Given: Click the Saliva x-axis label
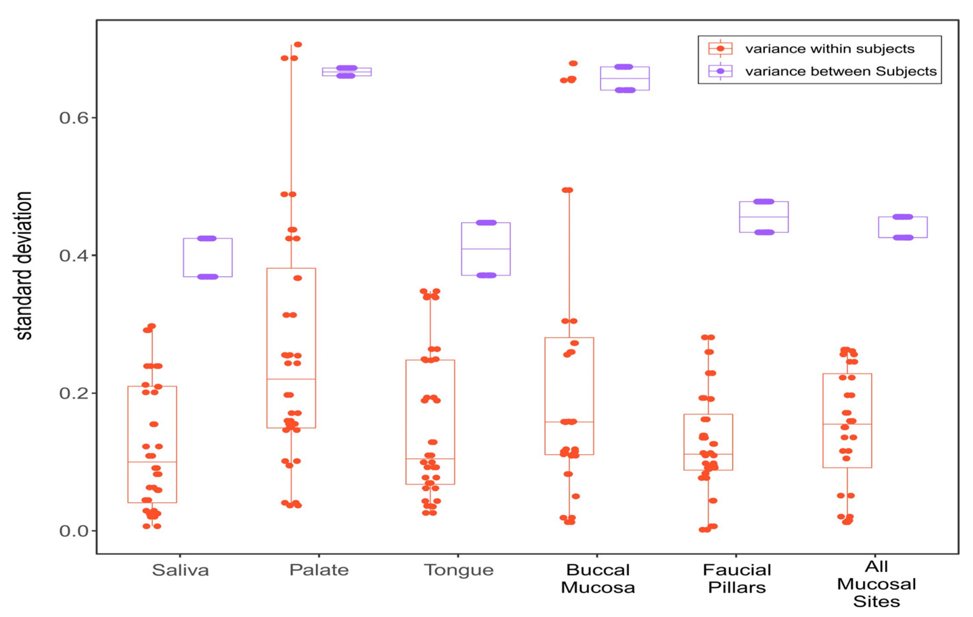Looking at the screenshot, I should (180, 570).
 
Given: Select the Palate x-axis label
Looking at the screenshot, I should (319, 570).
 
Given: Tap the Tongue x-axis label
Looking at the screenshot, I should (459, 570).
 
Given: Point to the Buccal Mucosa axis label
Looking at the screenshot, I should (598, 579).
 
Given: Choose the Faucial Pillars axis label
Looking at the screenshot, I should (737, 579).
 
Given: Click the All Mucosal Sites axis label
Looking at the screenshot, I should (876, 584).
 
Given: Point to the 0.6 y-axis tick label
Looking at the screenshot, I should (73, 118).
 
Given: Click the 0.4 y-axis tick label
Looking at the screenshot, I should (73, 256).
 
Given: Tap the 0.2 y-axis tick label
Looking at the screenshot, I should (73, 393).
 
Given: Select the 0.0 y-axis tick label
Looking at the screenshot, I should (73, 531).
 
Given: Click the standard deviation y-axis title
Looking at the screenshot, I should (23, 265).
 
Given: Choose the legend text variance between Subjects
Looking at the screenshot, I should (841, 71).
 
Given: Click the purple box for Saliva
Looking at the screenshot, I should (208, 257).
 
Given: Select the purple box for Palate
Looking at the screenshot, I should (347, 72).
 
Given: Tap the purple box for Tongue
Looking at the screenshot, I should (486, 249).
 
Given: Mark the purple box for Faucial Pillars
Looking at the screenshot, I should (764, 217).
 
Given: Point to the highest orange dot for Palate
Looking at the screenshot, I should (298, 44).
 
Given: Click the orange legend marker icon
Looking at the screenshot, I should (720, 48).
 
